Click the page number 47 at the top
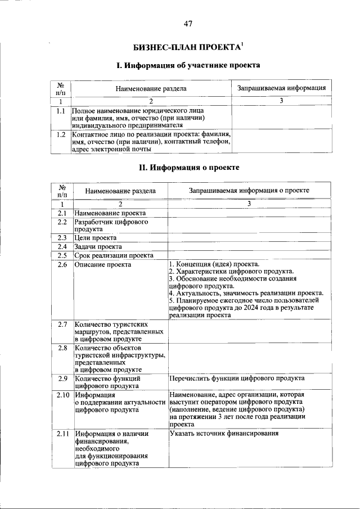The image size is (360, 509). pos(188,24)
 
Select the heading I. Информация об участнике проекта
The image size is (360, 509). pos(188,66)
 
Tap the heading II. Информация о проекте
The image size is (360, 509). pos(189,168)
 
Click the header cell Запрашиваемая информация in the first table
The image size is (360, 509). pos(281,88)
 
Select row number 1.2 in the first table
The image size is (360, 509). pos(60,134)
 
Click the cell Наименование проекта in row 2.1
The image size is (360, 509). pos(110,213)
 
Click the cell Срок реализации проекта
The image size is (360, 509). pos(114,255)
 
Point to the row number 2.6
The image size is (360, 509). pos(62,264)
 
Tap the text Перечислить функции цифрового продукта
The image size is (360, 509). pos(237,379)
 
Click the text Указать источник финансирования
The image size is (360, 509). pos(224,434)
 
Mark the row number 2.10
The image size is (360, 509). pos(62,395)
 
